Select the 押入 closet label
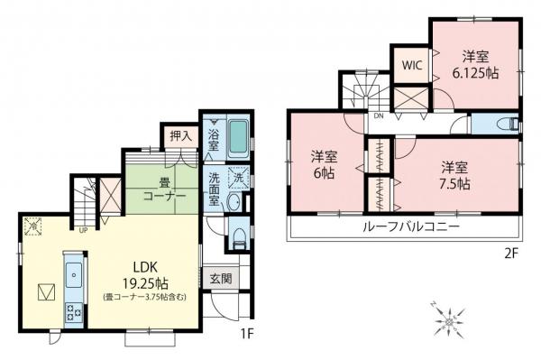[180, 136]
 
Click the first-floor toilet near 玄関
[236, 236]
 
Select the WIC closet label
[411, 65]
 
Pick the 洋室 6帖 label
[325, 163]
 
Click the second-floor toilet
[508, 125]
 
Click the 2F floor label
[511, 254]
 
